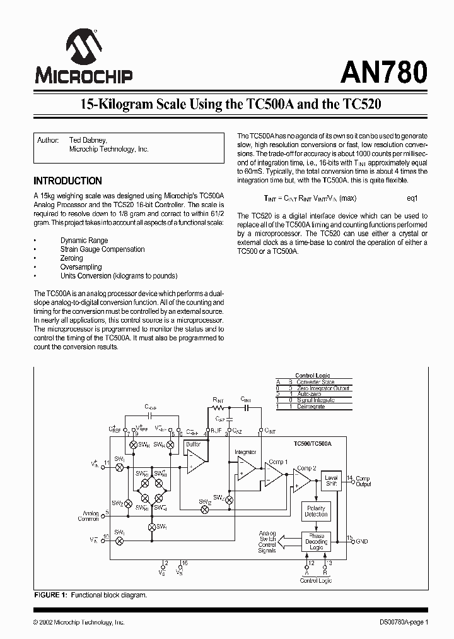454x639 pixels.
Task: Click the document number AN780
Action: (384, 72)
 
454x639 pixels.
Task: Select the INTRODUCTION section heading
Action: (67, 181)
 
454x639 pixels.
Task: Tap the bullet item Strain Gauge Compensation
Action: (102, 249)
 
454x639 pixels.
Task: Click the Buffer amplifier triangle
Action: (194, 463)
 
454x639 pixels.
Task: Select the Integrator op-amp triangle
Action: (245, 468)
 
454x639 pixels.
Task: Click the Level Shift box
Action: (331, 481)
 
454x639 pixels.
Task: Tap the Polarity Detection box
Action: (316, 511)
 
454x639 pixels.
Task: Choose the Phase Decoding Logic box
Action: (317, 542)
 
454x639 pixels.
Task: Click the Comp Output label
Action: (363, 481)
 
